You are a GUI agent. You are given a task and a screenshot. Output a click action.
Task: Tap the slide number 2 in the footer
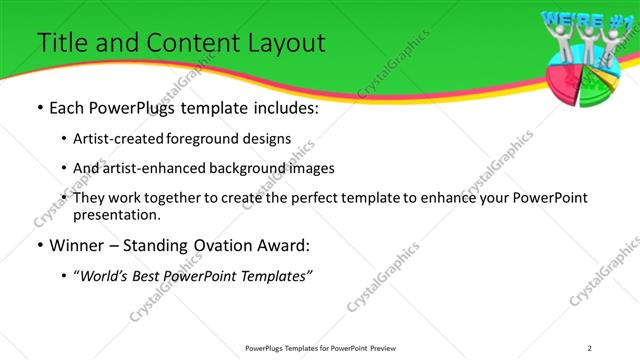(589, 347)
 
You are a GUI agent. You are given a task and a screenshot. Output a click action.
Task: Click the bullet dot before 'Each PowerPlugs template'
(39, 108)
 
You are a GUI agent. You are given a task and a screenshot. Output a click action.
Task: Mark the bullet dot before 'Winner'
(39, 245)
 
